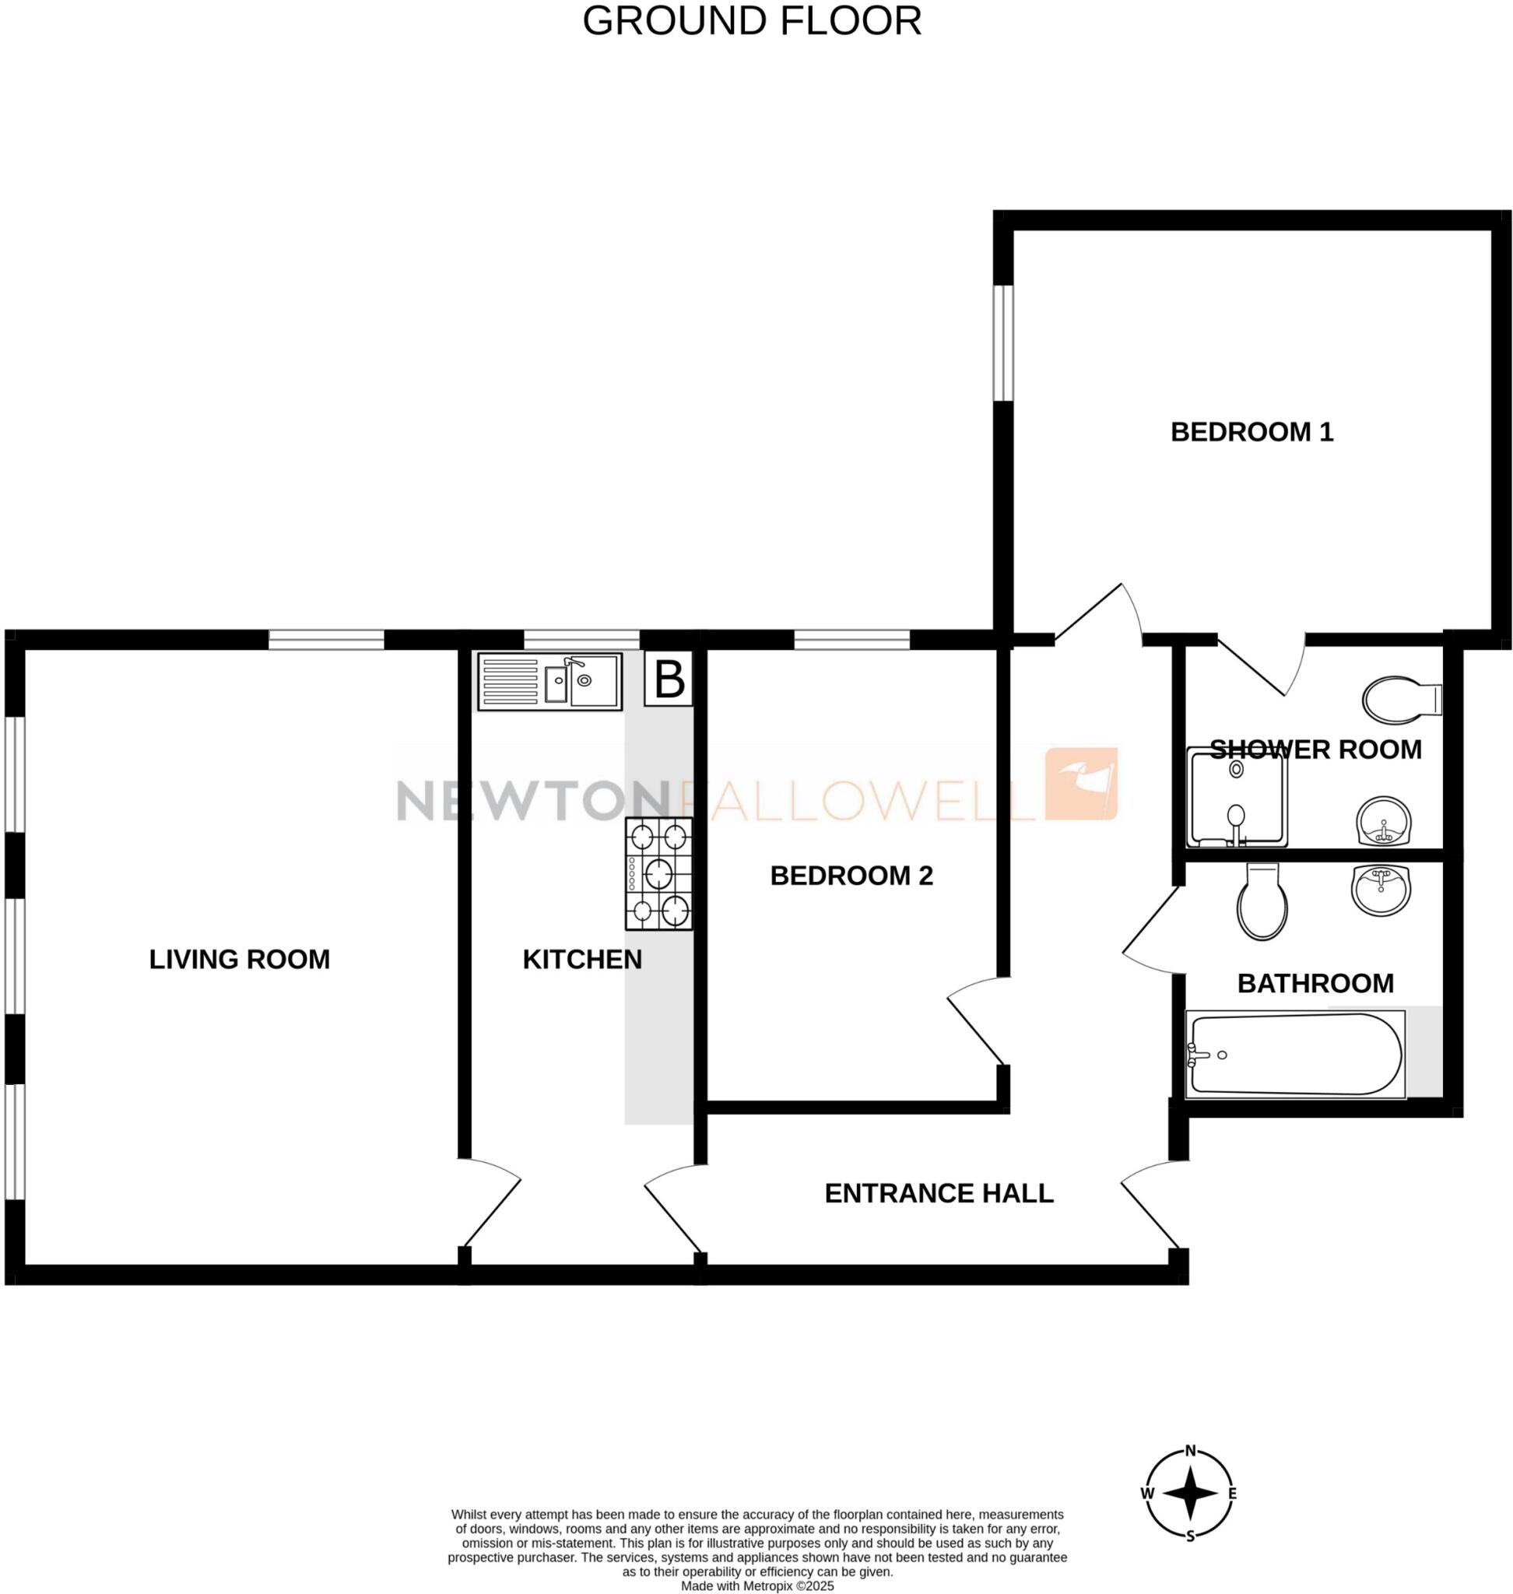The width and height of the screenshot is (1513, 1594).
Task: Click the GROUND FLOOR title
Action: (752, 22)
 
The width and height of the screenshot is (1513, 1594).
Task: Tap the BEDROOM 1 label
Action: (1251, 433)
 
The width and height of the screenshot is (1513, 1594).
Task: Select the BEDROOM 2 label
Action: (851, 876)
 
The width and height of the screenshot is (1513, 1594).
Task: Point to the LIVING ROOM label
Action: (240, 959)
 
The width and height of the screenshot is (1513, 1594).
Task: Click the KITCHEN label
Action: (581, 959)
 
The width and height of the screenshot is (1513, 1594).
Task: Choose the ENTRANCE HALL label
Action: (939, 1193)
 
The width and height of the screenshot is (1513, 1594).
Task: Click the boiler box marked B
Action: (669, 680)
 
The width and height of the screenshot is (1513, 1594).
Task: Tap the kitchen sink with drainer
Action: (549, 682)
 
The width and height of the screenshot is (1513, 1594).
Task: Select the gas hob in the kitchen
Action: (658, 873)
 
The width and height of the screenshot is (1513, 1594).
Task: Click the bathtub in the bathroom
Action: (1295, 1055)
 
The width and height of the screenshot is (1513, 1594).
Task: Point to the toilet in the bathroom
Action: (1262, 902)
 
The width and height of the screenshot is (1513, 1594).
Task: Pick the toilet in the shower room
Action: (1400, 699)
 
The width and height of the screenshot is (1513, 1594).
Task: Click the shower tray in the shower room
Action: (1237, 797)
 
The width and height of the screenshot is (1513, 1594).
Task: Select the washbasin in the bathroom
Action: (1381, 890)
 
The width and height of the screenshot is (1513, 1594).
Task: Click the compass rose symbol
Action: (1189, 1493)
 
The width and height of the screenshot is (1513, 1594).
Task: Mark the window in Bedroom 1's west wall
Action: (1002, 342)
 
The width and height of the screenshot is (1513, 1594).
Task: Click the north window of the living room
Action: (326, 640)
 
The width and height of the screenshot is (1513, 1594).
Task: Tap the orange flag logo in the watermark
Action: (1081, 783)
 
